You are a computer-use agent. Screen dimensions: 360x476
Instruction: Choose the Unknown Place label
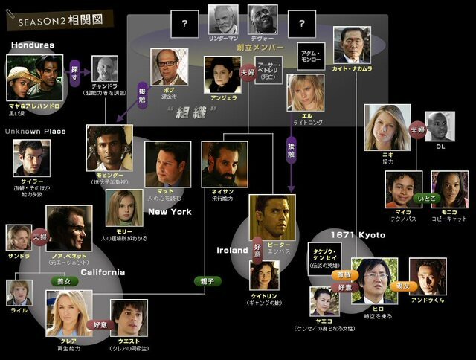[x=35, y=132]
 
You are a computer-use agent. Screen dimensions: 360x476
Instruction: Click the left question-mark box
[x=184, y=24]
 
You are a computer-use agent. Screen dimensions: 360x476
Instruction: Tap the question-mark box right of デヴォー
[x=303, y=24]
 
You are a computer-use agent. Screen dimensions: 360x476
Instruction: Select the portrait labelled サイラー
[x=31, y=158]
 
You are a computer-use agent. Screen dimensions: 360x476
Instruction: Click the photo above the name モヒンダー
[x=109, y=147]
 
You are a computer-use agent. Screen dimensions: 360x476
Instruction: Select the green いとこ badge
[x=428, y=199]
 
